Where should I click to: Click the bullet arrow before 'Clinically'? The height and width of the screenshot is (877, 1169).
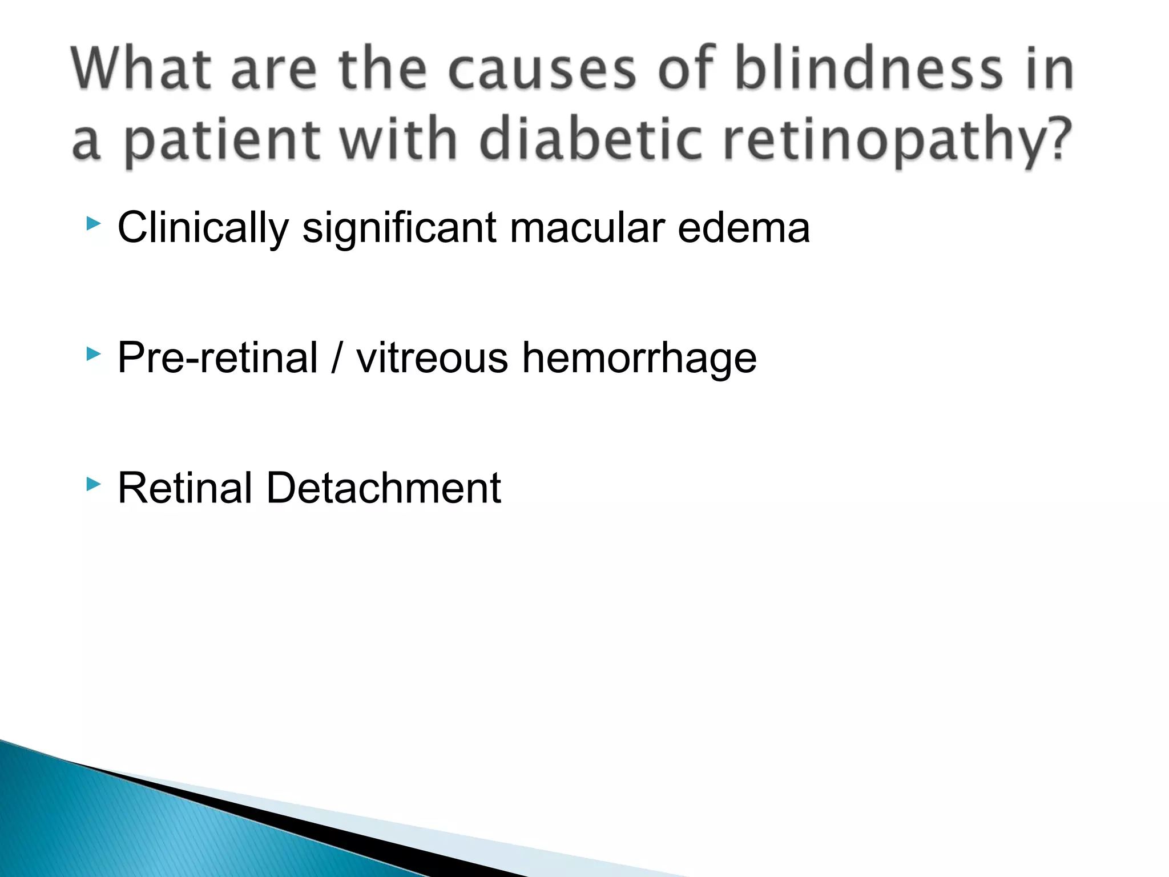(x=93, y=224)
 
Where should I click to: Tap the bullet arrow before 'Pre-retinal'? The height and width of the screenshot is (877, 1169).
(x=93, y=354)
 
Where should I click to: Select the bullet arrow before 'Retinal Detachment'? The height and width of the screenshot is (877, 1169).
(x=93, y=485)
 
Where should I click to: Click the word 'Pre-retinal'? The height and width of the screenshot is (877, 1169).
(x=217, y=358)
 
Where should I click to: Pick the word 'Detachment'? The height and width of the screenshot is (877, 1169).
(x=383, y=488)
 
